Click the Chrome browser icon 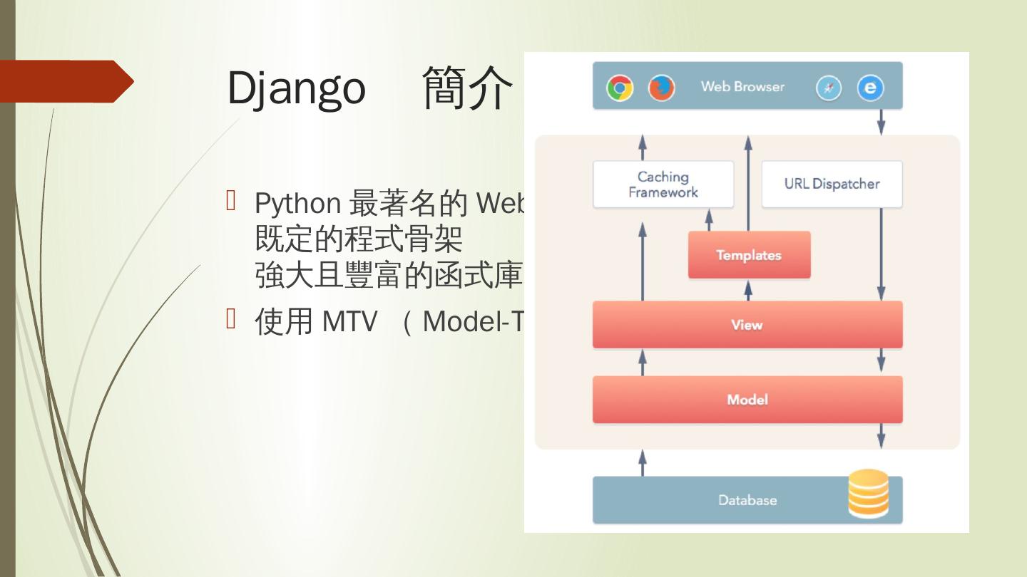click(x=620, y=88)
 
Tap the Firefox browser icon click(x=661, y=88)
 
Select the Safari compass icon click(x=828, y=88)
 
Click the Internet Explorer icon click(x=870, y=88)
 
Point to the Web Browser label click(x=742, y=87)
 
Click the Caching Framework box click(x=663, y=184)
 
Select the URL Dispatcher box click(x=832, y=184)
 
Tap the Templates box click(x=749, y=255)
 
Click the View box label click(x=747, y=325)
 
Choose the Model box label click(x=747, y=400)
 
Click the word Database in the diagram click(x=747, y=500)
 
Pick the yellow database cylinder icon click(x=868, y=493)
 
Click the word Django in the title click(x=296, y=88)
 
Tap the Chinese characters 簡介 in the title click(x=467, y=88)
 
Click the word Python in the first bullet click(x=297, y=204)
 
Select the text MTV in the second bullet click(x=349, y=322)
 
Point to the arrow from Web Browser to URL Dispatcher click(x=881, y=122)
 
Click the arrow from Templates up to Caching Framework click(x=709, y=219)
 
